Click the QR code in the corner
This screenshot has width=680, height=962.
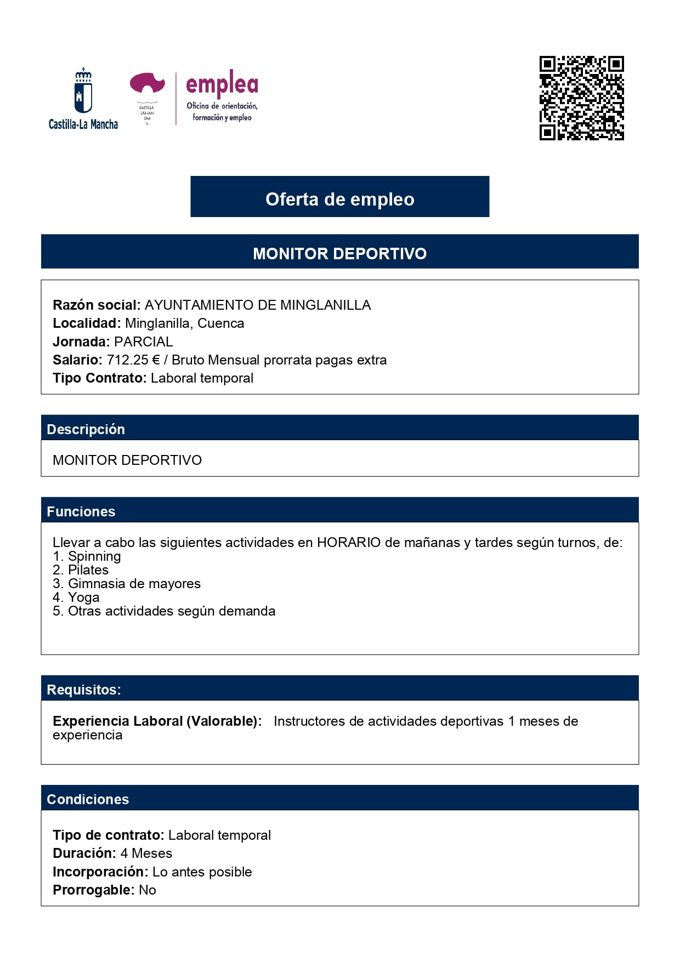[x=581, y=98]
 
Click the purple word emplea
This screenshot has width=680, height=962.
[x=222, y=84]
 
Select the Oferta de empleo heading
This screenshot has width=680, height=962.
[x=339, y=199]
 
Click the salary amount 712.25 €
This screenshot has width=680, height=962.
[x=133, y=360]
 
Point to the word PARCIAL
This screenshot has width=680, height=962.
[x=143, y=342]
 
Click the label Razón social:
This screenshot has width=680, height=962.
[x=97, y=305]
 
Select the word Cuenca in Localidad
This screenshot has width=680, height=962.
[x=220, y=323]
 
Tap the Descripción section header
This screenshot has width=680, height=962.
[x=86, y=429]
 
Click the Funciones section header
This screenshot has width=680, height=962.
[x=81, y=511]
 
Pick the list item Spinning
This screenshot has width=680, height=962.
[x=94, y=556]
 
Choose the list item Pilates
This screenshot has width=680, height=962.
[x=88, y=570]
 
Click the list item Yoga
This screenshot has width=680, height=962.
[x=84, y=597]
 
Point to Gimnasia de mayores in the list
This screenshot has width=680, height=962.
[x=134, y=584]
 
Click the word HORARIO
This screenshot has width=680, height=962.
[x=349, y=543]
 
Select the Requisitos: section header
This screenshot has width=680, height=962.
[x=84, y=690]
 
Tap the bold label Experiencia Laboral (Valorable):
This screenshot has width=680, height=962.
[x=157, y=721]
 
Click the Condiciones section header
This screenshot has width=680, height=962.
[x=88, y=799]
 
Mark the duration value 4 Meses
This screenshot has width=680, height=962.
[x=146, y=853]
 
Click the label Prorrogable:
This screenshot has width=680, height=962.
[x=93, y=890]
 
